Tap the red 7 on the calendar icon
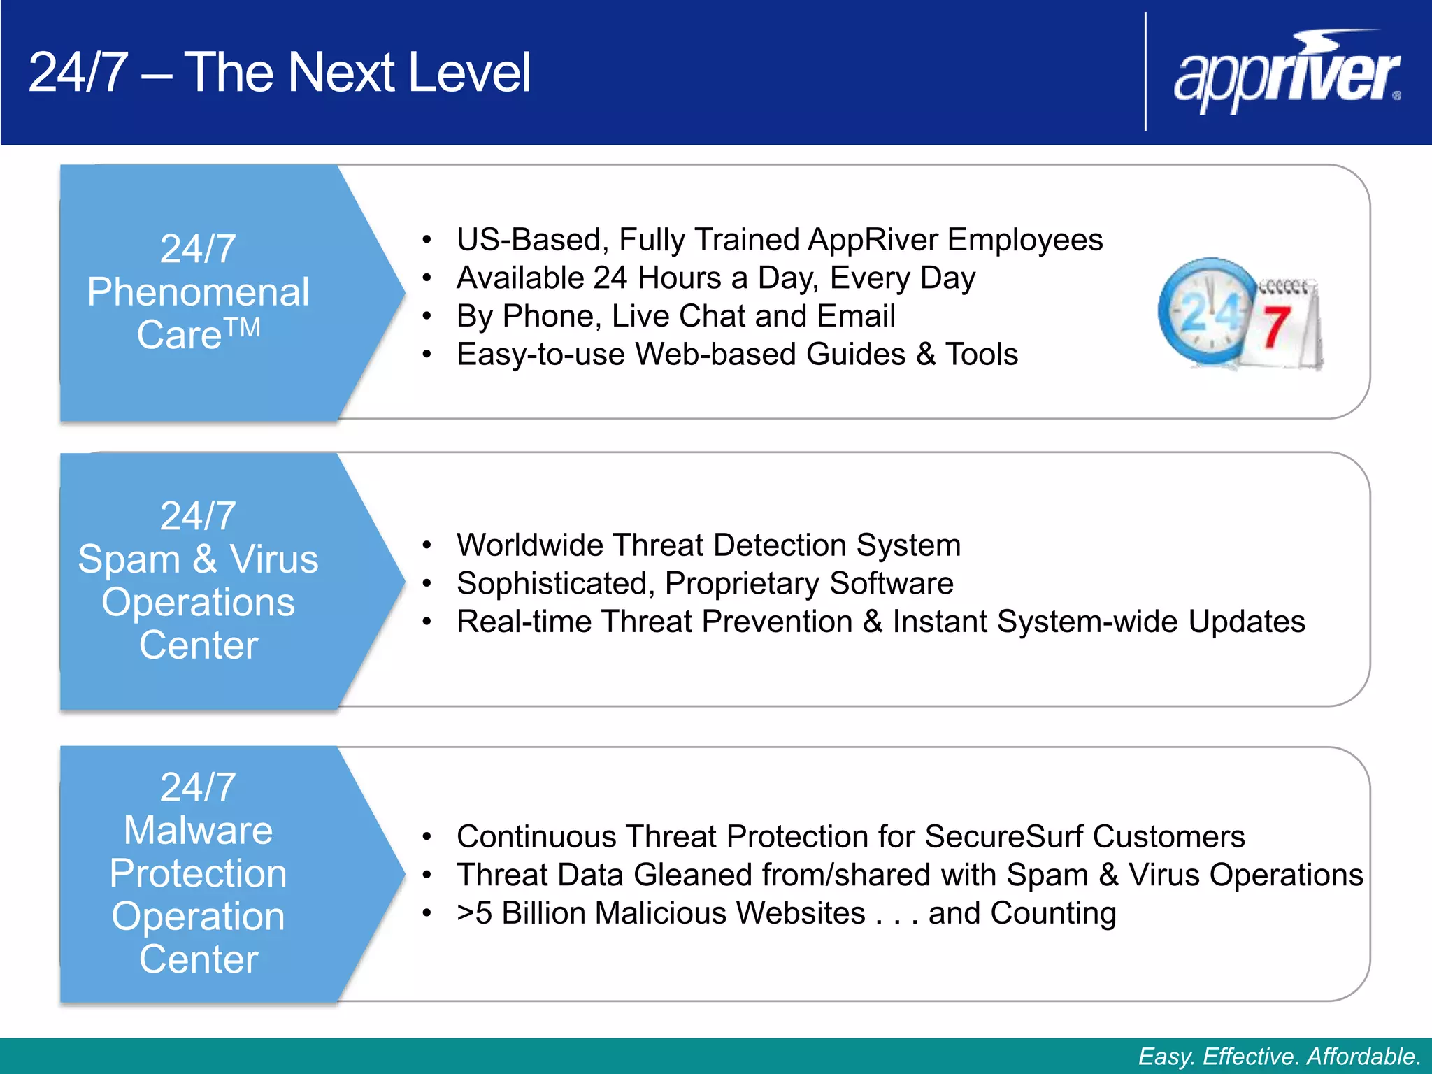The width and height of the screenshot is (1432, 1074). click(1276, 327)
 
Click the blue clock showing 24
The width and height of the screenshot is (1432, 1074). click(1206, 311)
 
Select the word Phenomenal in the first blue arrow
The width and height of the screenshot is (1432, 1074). click(198, 292)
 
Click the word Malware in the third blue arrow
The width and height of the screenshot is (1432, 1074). click(198, 830)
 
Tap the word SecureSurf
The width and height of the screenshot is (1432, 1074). click(1003, 836)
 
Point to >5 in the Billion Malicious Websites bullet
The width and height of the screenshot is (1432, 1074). click(474, 913)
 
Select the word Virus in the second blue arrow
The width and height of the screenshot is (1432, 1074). click(274, 559)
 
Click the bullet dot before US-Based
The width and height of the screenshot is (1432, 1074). click(427, 241)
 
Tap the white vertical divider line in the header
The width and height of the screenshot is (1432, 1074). click(1145, 71)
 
